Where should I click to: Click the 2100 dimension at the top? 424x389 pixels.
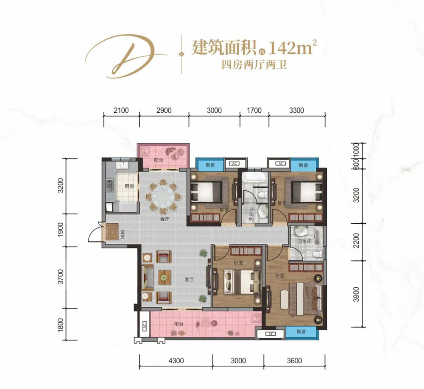pyautogui.click(x=121, y=111)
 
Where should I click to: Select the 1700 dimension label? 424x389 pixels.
pyautogui.click(x=254, y=111)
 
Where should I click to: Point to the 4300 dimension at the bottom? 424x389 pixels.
pyautogui.click(x=176, y=361)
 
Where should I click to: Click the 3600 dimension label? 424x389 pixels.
pyautogui.click(x=294, y=361)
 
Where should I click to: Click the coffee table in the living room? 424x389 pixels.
pyautogui.click(x=164, y=278)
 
